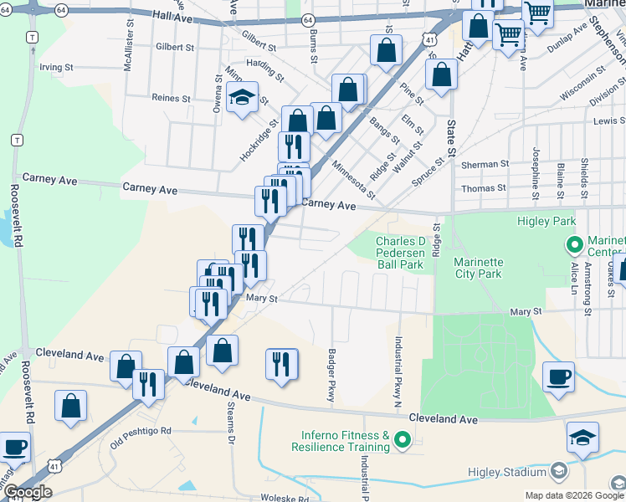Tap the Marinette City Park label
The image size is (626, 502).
pos(478,267)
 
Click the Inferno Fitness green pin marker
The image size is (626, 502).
pos(403,438)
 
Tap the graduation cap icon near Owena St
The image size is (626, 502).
pos(242,98)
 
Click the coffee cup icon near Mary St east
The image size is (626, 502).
pos(558,376)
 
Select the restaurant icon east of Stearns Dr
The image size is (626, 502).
pos(282,363)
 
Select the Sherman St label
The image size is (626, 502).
pos(485,165)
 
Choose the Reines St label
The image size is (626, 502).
pos(172,98)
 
